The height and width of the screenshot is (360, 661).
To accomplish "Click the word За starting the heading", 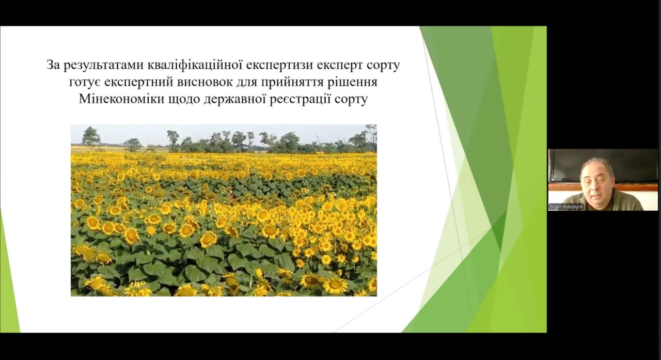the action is click(x=53, y=65).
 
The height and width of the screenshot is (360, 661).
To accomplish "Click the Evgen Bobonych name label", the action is click(x=566, y=207).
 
